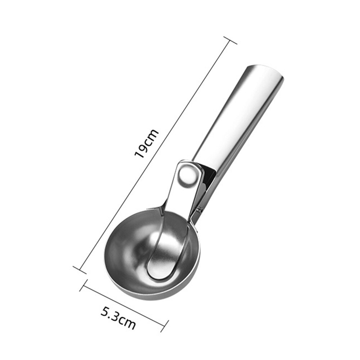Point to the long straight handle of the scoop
[237, 119]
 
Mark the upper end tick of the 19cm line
[230, 40]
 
